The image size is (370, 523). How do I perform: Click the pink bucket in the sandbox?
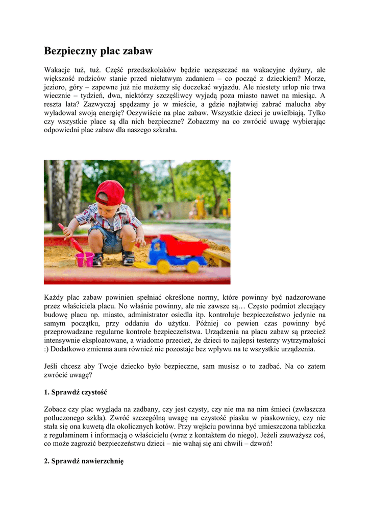click(85, 259)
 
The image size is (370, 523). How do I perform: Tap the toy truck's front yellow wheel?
click(163, 266)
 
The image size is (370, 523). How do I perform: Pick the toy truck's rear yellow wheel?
click(193, 266)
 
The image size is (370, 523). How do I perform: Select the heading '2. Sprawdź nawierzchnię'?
click(84, 461)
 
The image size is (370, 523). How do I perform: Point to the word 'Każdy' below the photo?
click(55, 297)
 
